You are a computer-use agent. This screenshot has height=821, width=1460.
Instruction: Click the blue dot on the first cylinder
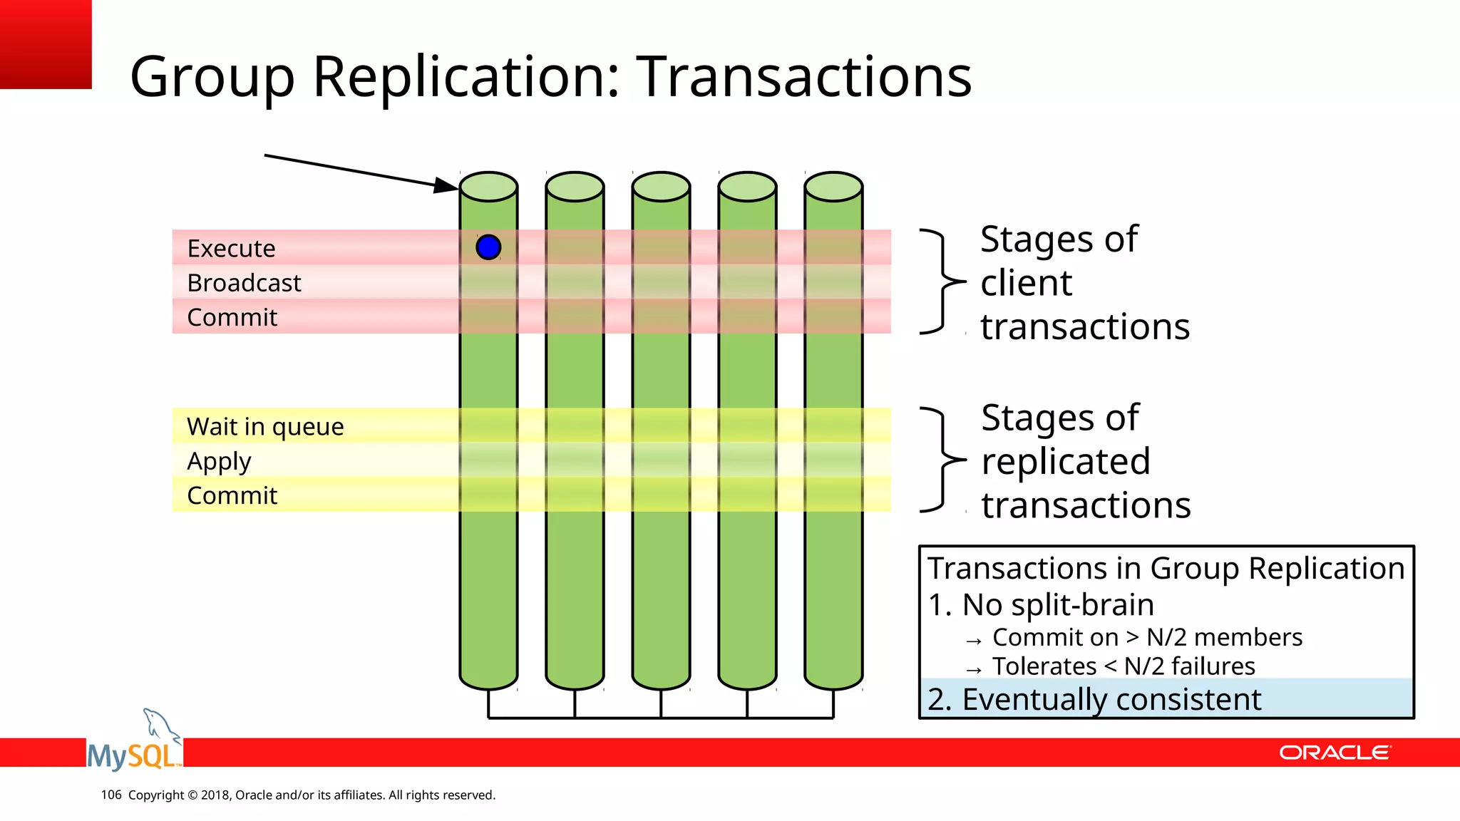click(488, 247)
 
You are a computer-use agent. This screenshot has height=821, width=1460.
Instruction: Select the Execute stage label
click(231, 249)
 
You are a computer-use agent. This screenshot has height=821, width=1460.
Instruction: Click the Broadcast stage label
click(244, 283)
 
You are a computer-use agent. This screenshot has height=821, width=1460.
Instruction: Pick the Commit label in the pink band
click(232, 317)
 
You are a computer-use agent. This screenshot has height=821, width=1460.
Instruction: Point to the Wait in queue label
click(265, 426)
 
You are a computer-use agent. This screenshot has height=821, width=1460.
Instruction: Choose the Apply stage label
click(219, 461)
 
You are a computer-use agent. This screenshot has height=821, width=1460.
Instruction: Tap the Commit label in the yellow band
click(232, 495)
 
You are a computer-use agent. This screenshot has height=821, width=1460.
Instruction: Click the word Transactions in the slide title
click(803, 76)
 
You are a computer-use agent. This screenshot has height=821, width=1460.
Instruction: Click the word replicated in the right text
click(1066, 462)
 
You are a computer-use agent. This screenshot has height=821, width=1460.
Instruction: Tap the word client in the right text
click(1026, 284)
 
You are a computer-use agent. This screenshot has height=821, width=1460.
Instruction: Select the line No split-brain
click(1041, 605)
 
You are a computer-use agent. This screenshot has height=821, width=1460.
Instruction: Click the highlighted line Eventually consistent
click(1094, 699)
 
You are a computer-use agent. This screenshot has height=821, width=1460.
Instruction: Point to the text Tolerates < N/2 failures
click(1124, 666)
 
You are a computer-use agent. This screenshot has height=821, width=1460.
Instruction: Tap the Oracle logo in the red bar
click(1334, 753)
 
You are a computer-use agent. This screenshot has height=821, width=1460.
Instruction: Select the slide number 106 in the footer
click(110, 795)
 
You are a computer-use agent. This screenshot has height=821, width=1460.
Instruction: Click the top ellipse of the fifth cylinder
click(833, 187)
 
